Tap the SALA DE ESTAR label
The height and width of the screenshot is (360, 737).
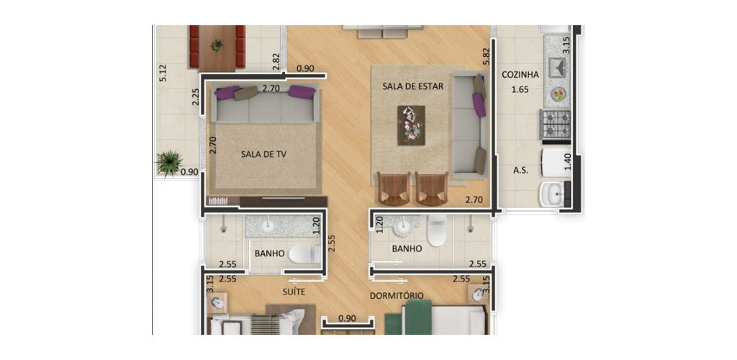(412, 86)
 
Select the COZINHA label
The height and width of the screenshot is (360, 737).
(520, 75)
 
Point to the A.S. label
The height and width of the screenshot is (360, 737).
(520, 171)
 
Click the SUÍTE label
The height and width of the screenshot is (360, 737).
(294, 292)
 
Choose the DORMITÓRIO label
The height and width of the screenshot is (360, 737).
(397, 295)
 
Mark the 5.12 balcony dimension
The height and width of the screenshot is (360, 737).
(163, 73)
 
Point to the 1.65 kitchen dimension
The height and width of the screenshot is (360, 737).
(520, 89)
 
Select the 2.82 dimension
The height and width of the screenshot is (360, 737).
(276, 62)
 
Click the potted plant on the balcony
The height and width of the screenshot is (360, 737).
(169, 163)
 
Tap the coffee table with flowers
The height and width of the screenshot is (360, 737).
(411, 125)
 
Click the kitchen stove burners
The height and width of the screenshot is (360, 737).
(556, 123)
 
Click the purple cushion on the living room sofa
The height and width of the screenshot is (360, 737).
(479, 104)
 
